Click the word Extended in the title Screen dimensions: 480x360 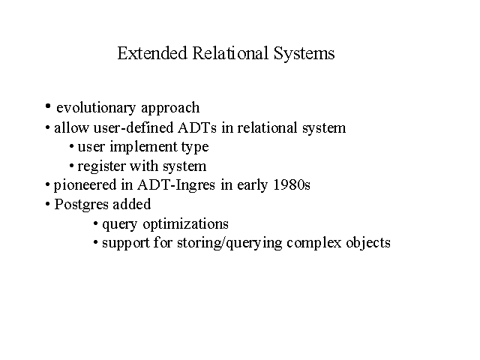tap(152, 53)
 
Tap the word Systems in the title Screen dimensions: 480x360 tap(304, 53)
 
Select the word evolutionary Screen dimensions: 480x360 tap(96, 108)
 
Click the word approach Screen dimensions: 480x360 tap(170, 108)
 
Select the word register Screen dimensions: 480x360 tap(102, 166)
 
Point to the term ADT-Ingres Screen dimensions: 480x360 tap(176, 185)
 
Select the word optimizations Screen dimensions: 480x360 tap(185, 224)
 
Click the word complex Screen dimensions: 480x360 tap(314, 243)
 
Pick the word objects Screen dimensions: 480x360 tap(368, 243)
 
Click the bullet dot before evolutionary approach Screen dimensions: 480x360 tap(48, 106)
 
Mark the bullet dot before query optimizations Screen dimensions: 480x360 tap(96, 223)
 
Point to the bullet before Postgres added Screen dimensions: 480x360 tap(47, 204)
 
